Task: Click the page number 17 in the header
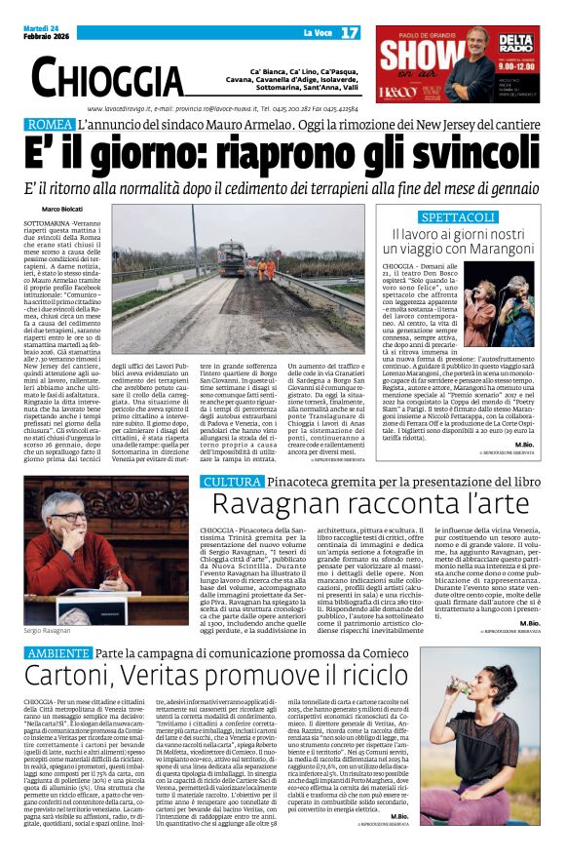(350, 33)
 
